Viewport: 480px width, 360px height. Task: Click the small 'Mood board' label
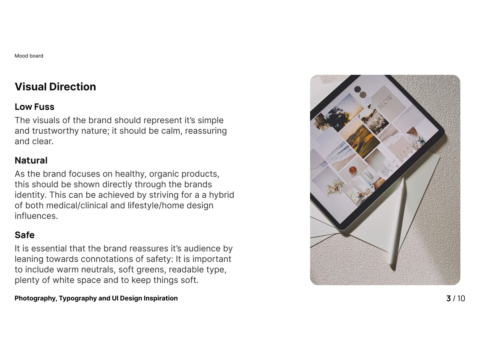click(x=29, y=56)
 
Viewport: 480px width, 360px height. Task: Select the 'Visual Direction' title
click(x=55, y=86)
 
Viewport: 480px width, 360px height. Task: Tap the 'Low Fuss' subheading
click(x=34, y=107)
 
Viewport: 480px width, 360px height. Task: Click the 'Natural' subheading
click(x=31, y=160)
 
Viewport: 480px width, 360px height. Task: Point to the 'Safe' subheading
click(x=24, y=235)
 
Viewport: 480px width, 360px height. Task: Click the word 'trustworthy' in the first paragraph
click(x=56, y=131)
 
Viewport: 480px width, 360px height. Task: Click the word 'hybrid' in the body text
click(x=221, y=195)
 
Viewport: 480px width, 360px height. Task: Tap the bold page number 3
click(x=448, y=298)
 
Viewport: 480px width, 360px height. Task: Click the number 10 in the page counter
click(x=461, y=298)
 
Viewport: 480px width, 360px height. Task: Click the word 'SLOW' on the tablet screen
click(x=385, y=102)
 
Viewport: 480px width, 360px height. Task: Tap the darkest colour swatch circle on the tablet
click(x=358, y=89)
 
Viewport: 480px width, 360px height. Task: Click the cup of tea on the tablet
click(x=352, y=170)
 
